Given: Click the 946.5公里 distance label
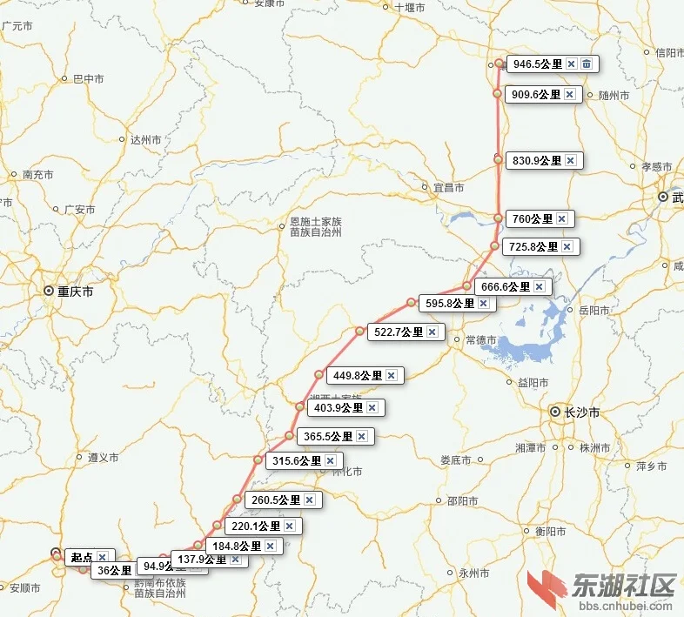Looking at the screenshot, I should click(x=538, y=64).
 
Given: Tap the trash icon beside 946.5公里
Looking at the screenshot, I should click(x=587, y=64).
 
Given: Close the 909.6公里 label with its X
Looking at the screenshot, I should click(x=570, y=95).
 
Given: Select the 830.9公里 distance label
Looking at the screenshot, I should click(x=537, y=161).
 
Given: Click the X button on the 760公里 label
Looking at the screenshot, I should click(x=561, y=219).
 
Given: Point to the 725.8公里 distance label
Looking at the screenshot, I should click(x=533, y=247).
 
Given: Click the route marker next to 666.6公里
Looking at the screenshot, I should click(x=467, y=286).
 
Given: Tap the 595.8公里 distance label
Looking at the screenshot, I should click(x=450, y=304).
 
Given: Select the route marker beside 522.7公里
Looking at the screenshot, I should click(x=359, y=332).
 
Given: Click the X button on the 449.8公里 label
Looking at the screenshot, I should click(x=392, y=376).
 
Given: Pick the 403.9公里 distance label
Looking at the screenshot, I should click(x=339, y=407).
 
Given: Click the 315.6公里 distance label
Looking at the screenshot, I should click(x=296, y=461).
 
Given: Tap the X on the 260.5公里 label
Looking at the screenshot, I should click(x=309, y=500).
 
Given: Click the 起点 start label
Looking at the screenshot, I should click(x=82, y=557).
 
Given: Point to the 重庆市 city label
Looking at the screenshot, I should click(x=75, y=292).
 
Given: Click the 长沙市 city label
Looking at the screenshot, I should click(x=581, y=412).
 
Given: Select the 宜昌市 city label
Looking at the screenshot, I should click(x=449, y=188).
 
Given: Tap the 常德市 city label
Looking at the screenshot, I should click(x=481, y=339).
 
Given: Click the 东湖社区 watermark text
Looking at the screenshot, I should click(x=623, y=584).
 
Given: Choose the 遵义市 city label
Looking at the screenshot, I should click(x=103, y=457).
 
